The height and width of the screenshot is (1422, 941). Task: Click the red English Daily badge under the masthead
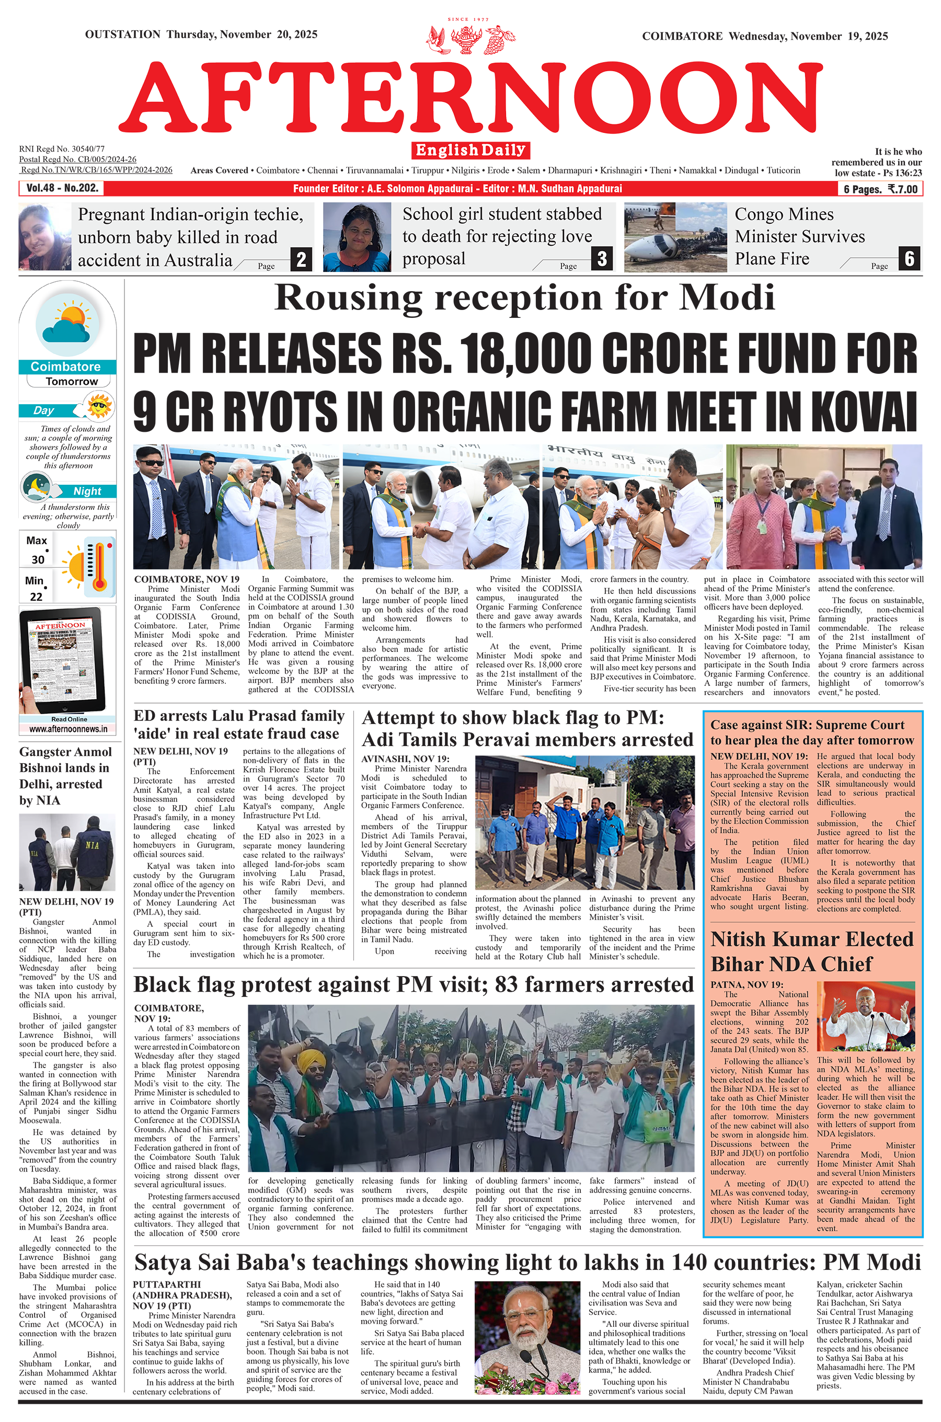470,150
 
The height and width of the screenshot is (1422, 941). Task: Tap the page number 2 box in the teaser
301,259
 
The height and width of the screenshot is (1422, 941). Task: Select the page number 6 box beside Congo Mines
909,259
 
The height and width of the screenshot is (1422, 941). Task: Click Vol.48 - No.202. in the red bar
62,188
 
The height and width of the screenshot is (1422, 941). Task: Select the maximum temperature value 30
38,559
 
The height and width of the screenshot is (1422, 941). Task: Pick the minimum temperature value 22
36,597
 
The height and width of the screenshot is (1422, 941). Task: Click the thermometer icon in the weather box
99,566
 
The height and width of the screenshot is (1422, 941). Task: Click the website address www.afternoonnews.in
68,729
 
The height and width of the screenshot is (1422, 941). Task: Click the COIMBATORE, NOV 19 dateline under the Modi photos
187,579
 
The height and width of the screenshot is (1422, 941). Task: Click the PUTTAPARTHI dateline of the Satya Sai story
167,1285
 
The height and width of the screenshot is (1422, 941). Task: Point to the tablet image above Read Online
62,659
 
